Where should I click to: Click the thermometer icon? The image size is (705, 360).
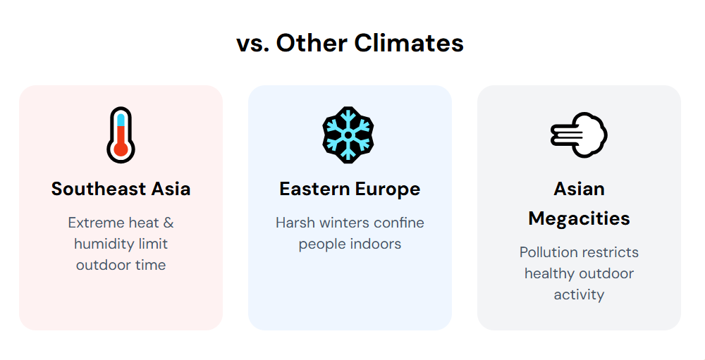click(121, 135)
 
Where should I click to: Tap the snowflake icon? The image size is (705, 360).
click(348, 135)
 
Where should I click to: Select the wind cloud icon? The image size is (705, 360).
click(579, 135)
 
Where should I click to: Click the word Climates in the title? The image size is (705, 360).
click(409, 44)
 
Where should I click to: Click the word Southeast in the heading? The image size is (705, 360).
click(99, 189)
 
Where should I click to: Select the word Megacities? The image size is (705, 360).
click(579, 219)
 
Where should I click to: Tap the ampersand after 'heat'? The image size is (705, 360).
click(168, 223)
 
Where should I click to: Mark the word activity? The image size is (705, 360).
click(579, 294)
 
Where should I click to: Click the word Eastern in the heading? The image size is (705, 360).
click(314, 190)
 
